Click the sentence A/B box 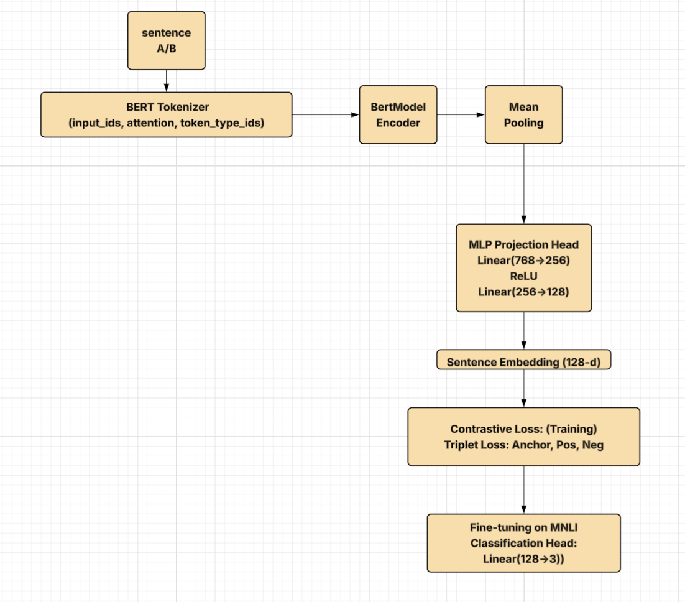[166, 40]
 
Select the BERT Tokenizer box [166, 115]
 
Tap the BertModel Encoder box [398, 115]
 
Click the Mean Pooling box [523, 115]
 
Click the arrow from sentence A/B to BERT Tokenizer [166, 81]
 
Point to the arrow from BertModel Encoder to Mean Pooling [461, 114]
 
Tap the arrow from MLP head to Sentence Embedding [523, 331]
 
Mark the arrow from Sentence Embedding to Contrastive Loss [523, 389]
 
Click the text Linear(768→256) [523, 261]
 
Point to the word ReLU [523, 276]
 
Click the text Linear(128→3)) [523, 558]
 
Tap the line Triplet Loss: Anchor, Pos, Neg [523, 445]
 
